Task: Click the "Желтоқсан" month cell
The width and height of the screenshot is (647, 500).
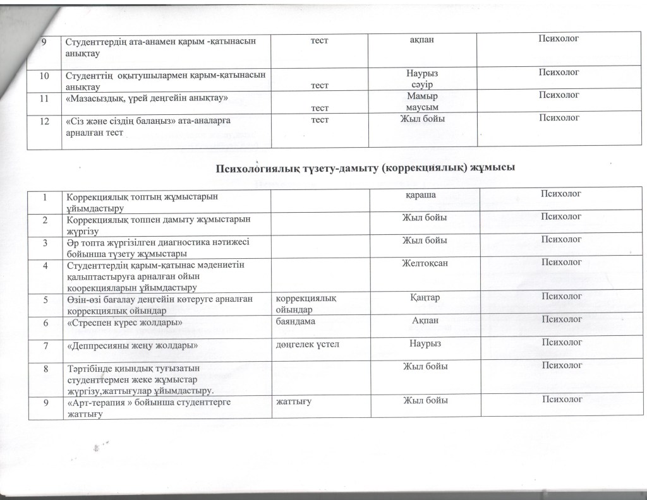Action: tap(425, 263)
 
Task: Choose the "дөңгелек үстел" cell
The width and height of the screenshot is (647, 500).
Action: tap(306, 343)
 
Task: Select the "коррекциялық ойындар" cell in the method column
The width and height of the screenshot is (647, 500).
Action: tap(302, 301)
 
